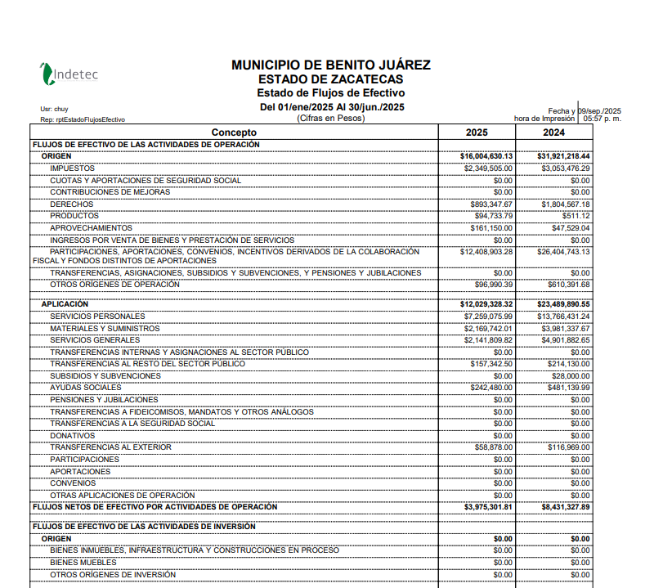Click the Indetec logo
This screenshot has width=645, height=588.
click(69, 74)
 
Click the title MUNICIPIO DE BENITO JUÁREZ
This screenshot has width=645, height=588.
click(330, 65)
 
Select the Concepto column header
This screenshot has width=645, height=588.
click(234, 132)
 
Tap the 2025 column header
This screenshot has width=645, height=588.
click(477, 132)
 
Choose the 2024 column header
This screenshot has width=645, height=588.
click(553, 132)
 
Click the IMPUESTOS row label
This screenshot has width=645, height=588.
click(72, 168)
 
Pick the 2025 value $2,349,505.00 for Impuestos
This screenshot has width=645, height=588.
click(488, 168)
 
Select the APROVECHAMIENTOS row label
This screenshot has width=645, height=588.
click(91, 227)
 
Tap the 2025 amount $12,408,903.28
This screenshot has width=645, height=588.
click(486, 252)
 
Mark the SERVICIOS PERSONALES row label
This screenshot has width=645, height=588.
click(97, 316)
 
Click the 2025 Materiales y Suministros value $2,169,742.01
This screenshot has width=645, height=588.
click(488, 329)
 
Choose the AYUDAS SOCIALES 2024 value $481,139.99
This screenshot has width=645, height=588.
click(568, 388)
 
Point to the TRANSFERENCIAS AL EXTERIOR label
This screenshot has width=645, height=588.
click(110, 447)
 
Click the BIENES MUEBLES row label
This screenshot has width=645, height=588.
click(83, 563)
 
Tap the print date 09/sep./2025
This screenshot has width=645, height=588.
click(600, 110)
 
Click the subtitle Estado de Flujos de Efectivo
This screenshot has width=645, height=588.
click(330, 93)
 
